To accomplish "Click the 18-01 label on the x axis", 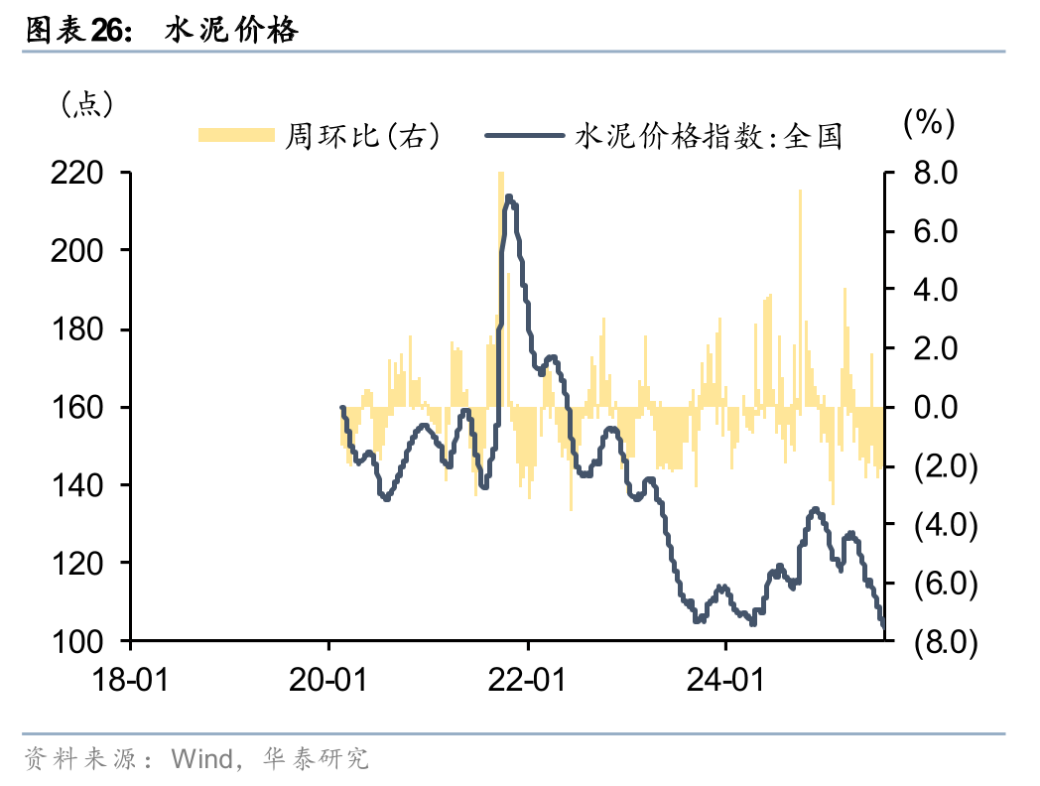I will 131,680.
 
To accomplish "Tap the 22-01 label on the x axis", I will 528,680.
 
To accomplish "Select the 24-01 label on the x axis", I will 725,680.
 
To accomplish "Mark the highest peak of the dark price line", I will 509,196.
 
